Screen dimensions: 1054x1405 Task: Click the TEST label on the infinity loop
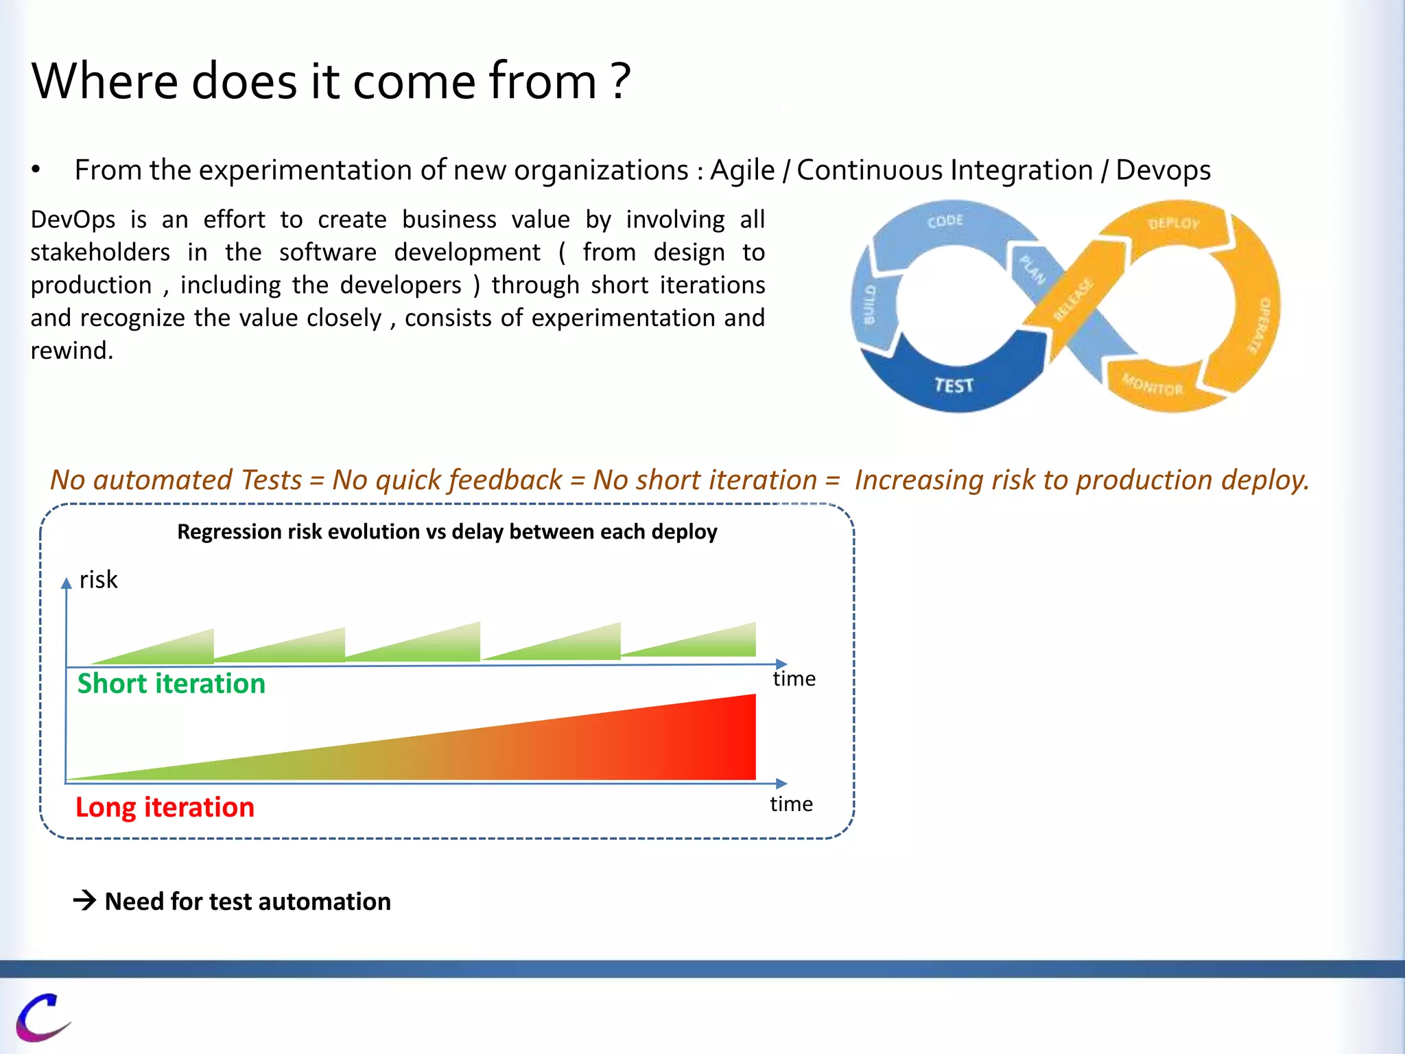tap(954, 385)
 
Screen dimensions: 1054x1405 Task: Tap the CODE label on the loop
tap(945, 221)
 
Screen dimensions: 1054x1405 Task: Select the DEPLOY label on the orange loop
tap(1174, 223)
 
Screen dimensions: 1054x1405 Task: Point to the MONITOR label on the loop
tap(1153, 385)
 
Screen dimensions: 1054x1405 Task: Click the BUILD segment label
tap(869, 305)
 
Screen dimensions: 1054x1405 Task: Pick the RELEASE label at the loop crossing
tap(1074, 300)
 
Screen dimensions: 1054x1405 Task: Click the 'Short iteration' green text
tap(171, 683)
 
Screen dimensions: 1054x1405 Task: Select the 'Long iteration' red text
tap(165, 807)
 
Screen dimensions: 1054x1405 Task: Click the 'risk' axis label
tap(98, 580)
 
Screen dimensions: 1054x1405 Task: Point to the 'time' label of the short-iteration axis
tap(794, 679)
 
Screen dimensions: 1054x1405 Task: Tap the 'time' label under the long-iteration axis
tap(791, 804)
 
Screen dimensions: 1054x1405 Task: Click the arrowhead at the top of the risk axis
tap(67, 583)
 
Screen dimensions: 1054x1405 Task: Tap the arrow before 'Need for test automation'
tap(85, 900)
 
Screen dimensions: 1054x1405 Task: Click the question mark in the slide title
tap(620, 81)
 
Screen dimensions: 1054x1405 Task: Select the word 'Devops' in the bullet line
tap(1163, 170)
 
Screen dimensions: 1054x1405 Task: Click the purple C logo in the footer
tap(43, 1017)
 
